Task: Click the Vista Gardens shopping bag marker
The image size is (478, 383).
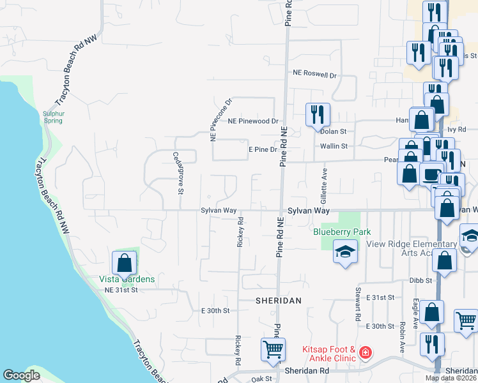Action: [x=124, y=262]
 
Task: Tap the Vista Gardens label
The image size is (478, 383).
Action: [x=127, y=279]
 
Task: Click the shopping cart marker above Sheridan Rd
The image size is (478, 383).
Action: [x=273, y=349]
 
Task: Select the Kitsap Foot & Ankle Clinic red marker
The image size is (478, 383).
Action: [x=365, y=352]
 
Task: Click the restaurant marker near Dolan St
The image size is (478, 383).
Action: [x=317, y=115]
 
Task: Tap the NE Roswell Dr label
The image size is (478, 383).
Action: [x=314, y=75]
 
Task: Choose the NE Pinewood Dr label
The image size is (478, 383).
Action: [x=254, y=121]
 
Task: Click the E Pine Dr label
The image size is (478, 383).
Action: [x=263, y=149]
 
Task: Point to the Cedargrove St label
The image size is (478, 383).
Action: [x=178, y=172]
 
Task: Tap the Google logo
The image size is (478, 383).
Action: [x=21, y=375]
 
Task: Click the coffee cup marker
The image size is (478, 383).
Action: [x=431, y=173]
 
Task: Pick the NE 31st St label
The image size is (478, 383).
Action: [x=121, y=290]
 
